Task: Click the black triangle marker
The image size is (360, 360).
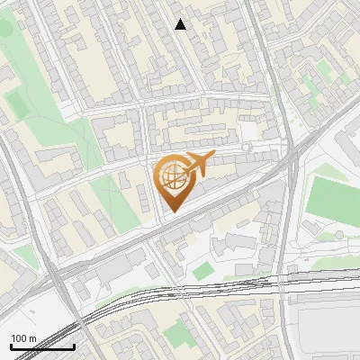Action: coord(181,24)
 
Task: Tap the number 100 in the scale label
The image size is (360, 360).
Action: coord(19,338)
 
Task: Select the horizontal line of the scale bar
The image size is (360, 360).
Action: coord(42,346)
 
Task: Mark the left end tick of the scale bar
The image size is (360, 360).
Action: coord(11,345)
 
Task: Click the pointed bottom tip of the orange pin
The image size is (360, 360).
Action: coord(172,212)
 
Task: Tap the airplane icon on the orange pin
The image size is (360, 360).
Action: coord(196,165)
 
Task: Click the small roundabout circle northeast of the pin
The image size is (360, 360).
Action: coord(247,148)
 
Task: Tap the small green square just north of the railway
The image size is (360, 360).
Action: coord(203,269)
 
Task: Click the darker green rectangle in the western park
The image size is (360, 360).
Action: coord(17,104)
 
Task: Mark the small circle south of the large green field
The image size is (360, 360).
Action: coord(338,233)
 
